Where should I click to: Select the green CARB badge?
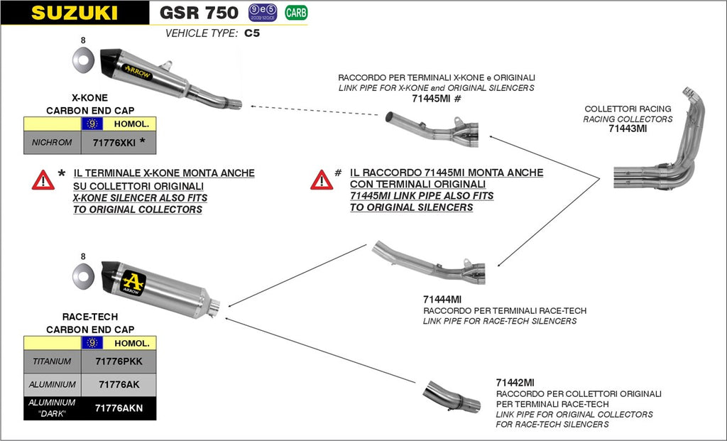tap(296, 12)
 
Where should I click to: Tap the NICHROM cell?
tap(53, 142)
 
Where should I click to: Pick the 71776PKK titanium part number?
tap(119, 361)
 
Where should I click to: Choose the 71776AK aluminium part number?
tap(119, 384)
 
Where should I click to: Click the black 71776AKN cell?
tap(119, 408)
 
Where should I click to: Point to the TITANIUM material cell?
tap(53, 361)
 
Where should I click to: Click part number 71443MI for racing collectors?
tap(628, 129)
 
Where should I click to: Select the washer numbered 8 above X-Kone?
tap(83, 61)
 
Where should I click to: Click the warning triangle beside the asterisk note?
tap(43, 180)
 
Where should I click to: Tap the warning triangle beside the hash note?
tap(321, 180)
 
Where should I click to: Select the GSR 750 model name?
tap(199, 12)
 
